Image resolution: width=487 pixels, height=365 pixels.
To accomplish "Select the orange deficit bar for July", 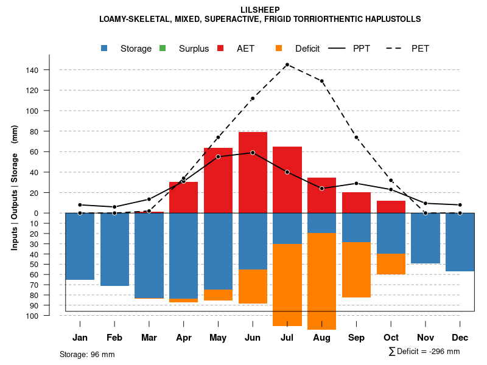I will point(287,285).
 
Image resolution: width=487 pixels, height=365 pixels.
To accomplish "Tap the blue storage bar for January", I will point(80,246).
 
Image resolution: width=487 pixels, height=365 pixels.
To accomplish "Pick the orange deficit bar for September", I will point(357,269).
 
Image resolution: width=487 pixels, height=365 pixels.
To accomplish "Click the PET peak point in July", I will point(287,64).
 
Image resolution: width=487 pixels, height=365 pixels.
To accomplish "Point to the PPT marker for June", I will point(253,153).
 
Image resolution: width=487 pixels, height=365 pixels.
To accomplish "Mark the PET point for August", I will point(322,81).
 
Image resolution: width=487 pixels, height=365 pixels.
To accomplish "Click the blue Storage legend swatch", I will point(105,49).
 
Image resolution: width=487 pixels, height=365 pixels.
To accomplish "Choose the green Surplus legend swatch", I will point(163,49).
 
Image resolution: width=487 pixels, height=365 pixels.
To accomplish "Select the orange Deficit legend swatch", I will point(278,49).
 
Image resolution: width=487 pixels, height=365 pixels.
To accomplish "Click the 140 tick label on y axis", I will point(32,71).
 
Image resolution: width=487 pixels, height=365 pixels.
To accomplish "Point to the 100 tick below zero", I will point(32,316).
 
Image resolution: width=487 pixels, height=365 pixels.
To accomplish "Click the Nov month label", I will point(426,338).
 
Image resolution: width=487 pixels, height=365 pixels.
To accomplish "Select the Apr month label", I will point(183,338).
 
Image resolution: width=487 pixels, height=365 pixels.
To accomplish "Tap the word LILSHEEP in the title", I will point(260,10).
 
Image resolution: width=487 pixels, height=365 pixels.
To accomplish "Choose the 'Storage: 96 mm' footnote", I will point(87,354).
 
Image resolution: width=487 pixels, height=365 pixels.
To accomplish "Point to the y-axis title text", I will point(15,187).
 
